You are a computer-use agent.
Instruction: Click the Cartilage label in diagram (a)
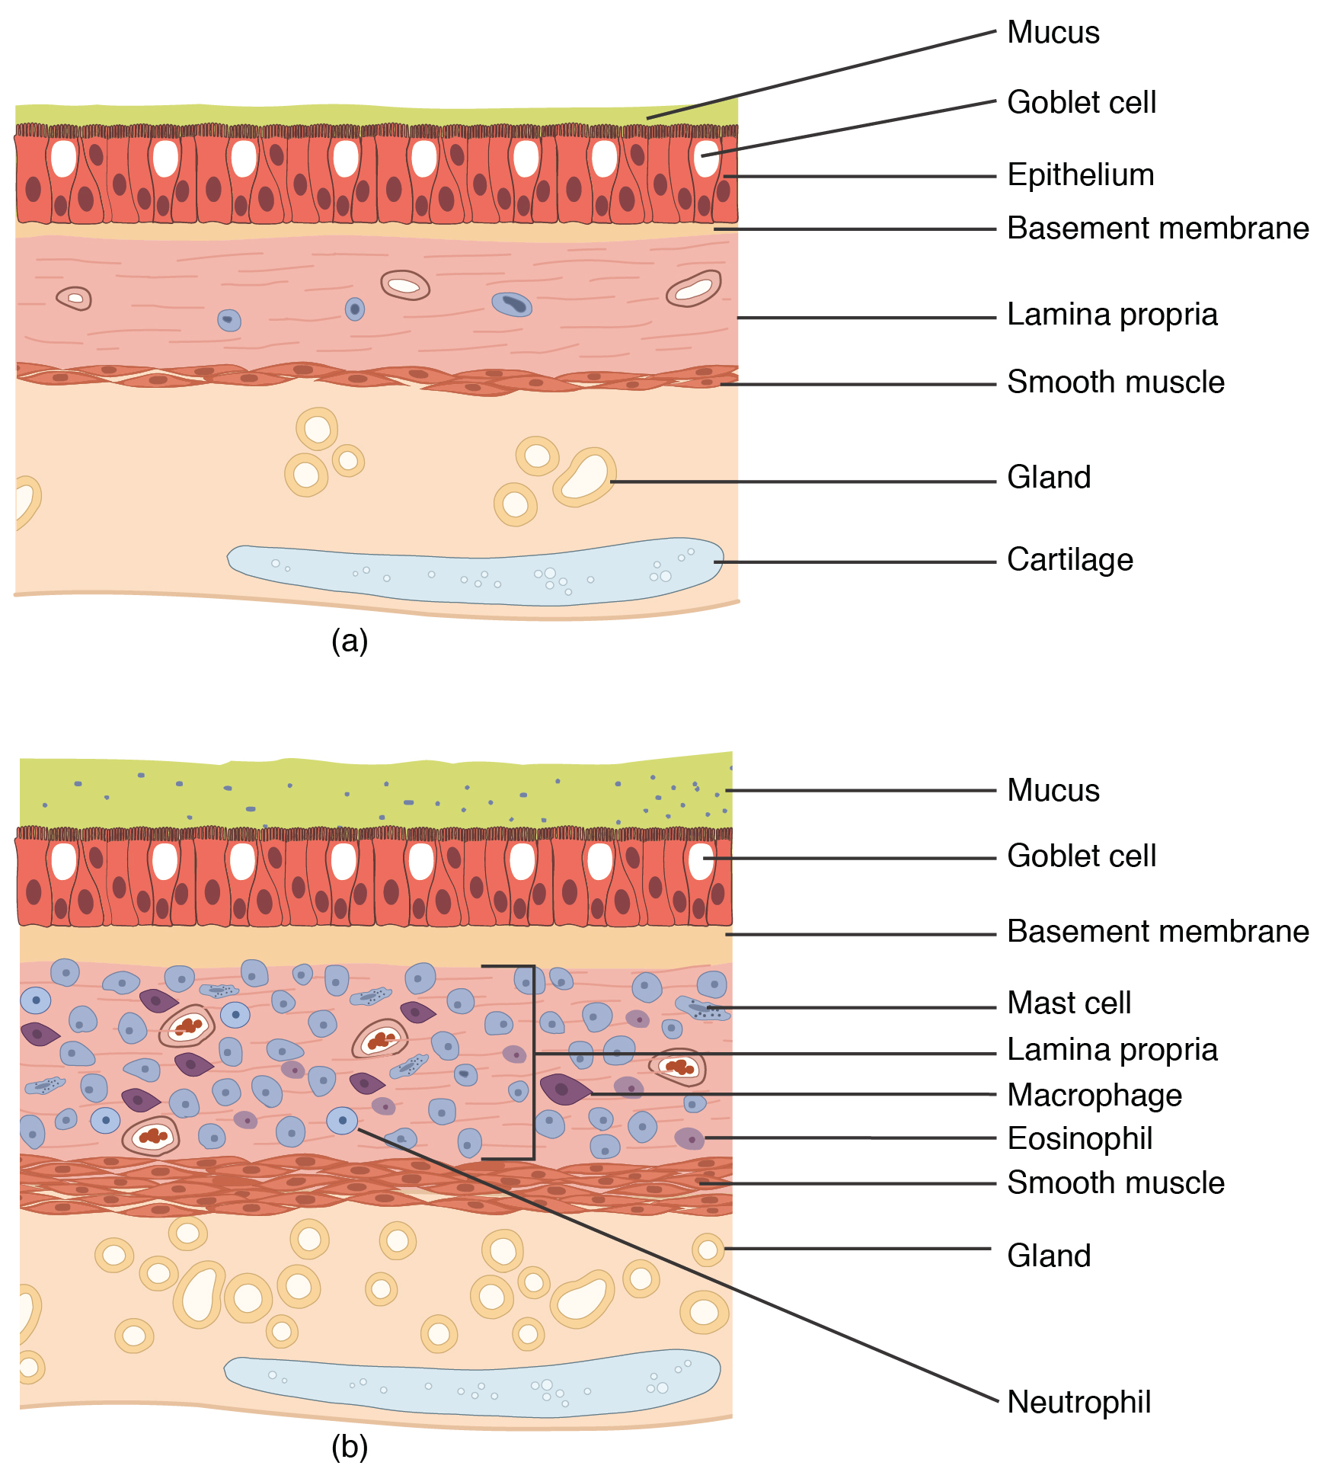click(x=1069, y=560)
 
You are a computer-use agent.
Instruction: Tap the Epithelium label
click(x=1080, y=175)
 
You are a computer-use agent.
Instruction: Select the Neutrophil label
click(x=1079, y=1402)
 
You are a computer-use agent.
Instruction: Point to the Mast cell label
click(x=1069, y=1003)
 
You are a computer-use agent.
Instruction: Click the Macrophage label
click(x=1095, y=1096)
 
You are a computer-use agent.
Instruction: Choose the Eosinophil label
click(x=1079, y=1139)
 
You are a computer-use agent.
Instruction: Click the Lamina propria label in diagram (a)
click(x=1112, y=315)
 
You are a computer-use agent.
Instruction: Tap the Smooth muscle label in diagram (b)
click(x=1116, y=1183)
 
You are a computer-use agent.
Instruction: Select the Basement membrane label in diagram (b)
click(x=1158, y=932)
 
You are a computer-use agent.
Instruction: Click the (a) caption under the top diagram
click(x=350, y=641)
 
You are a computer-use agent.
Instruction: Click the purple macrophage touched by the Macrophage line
click(x=564, y=1090)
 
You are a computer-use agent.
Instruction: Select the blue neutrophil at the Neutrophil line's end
click(x=342, y=1121)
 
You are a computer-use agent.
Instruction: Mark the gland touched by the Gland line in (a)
click(x=585, y=477)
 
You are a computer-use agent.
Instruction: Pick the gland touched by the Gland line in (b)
click(x=708, y=1250)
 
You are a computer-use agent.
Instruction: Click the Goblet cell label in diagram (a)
click(x=1082, y=103)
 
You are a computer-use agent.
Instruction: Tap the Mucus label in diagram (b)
click(x=1053, y=791)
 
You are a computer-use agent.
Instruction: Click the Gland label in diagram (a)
click(x=1049, y=478)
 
